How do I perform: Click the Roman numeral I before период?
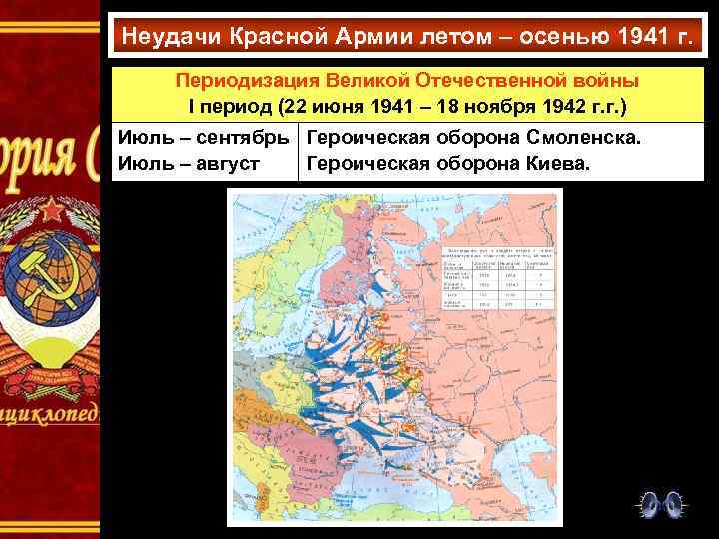point(191,105)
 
